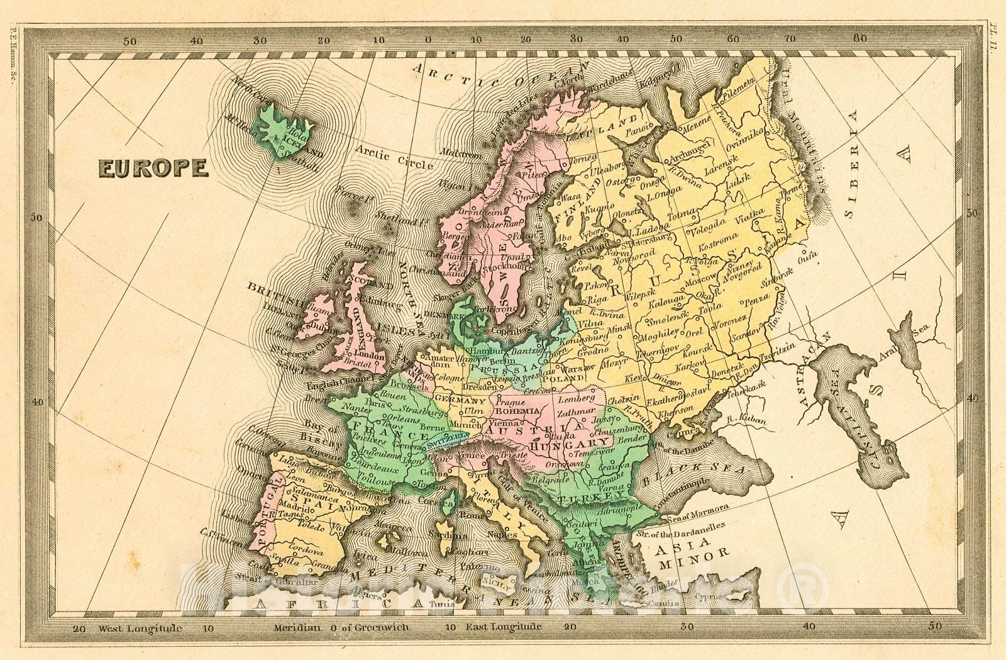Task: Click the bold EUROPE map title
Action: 153,168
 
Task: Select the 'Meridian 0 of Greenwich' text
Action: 341,627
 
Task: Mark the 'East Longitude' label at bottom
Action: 504,627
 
